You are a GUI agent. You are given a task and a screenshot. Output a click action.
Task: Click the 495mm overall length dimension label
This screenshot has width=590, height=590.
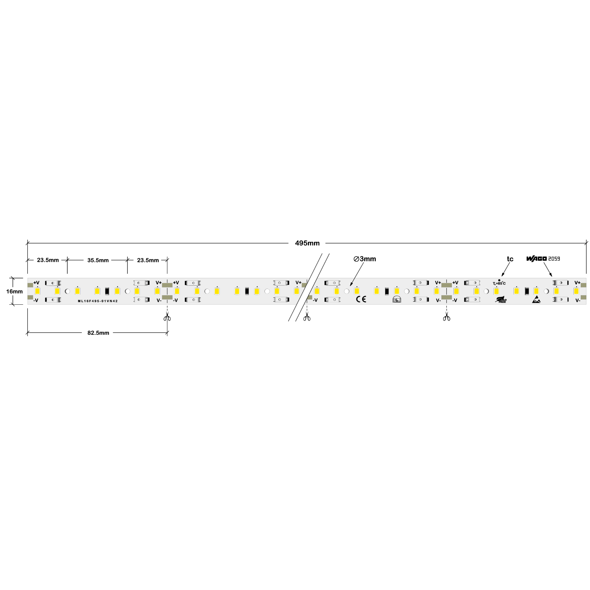(x=307, y=243)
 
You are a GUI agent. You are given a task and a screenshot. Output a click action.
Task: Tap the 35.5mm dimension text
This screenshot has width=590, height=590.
(x=98, y=260)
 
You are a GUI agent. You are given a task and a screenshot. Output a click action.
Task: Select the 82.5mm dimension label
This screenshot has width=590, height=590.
(x=98, y=333)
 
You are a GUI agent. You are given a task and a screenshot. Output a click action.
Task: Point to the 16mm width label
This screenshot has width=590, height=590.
(x=14, y=291)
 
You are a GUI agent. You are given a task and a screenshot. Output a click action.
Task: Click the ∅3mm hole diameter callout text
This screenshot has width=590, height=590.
(x=365, y=259)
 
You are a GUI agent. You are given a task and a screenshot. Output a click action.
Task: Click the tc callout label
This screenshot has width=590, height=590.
(x=510, y=259)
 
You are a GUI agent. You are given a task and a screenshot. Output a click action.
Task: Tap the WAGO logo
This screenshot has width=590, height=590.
(x=536, y=259)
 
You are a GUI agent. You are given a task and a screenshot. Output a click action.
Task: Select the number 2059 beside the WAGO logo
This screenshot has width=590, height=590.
(x=554, y=259)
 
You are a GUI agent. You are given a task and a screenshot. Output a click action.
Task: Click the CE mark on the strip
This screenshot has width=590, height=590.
(x=361, y=299)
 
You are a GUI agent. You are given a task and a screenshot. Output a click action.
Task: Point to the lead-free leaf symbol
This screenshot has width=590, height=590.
(x=501, y=300)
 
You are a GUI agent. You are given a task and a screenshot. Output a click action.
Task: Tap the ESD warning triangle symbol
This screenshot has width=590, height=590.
(x=536, y=300)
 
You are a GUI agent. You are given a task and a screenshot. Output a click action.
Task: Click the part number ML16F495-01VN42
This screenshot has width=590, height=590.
(x=98, y=301)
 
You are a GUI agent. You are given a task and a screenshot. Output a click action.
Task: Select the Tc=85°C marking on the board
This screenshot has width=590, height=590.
(x=499, y=284)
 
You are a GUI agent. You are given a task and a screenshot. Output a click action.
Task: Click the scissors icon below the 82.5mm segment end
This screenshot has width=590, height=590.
(x=167, y=318)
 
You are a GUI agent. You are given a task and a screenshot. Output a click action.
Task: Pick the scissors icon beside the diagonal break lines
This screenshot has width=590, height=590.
(x=306, y=318)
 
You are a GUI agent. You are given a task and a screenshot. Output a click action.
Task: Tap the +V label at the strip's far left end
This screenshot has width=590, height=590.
(x=36, y=283)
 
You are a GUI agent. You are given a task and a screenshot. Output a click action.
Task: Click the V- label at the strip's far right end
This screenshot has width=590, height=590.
(x=577, y=301)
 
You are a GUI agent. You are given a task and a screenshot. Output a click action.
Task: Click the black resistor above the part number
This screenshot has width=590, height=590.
(x=107, y=291)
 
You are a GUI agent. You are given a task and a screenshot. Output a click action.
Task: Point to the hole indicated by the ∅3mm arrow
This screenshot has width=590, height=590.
(x=347, y=291)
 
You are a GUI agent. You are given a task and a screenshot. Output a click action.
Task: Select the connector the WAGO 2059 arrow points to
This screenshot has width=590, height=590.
(x=560, y=283)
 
